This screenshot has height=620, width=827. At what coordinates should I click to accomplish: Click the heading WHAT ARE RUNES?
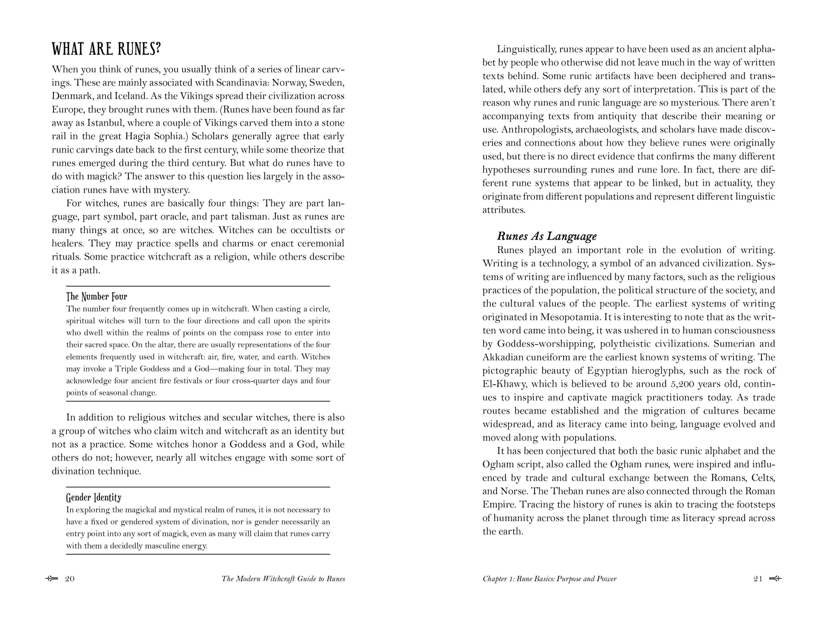point(106,49)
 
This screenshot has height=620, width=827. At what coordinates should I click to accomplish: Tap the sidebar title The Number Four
point(96,296)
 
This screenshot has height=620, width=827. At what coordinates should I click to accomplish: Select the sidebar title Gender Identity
point(93,497)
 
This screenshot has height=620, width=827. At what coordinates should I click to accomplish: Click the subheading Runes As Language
point(547,237)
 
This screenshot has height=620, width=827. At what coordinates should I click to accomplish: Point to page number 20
point(70,579)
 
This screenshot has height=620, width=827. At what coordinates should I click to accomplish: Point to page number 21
point(758,579)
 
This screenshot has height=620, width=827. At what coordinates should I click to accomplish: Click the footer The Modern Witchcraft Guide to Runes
point(283,579)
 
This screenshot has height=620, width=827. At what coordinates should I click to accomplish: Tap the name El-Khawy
point(503,384)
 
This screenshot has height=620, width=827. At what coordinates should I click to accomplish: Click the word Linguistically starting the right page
point(522,49)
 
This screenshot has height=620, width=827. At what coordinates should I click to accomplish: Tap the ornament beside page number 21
point(776,579)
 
